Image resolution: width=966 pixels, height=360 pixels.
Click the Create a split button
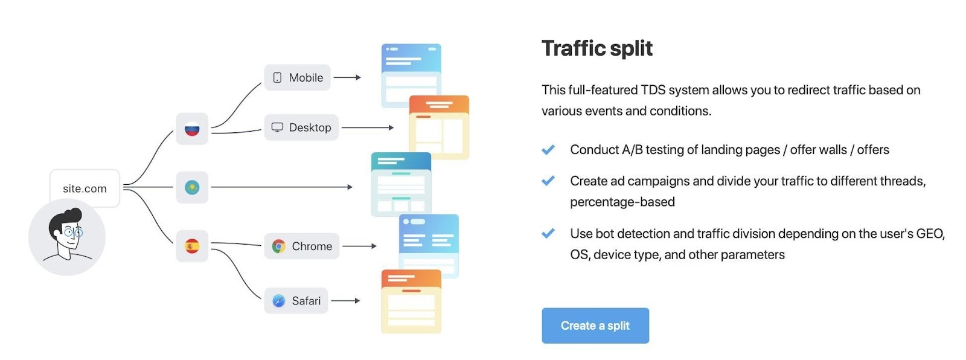[595, 326]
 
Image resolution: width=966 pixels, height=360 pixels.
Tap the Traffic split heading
[597, 48]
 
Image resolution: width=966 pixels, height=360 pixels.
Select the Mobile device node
[297, 77]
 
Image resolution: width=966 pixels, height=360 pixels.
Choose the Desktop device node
[301, 127]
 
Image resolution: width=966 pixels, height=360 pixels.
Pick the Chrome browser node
[302, 246]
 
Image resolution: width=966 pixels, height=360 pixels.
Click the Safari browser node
[296, 301]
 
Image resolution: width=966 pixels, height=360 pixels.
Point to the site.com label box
[85, 188]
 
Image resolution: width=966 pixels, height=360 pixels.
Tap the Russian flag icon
[192, 129]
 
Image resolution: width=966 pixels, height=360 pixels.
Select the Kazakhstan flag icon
[192, 187]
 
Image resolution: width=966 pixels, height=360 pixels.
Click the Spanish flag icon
[192, 246]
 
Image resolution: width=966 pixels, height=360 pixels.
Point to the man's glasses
[73, 232]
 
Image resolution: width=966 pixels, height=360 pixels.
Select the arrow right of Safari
[345, 301]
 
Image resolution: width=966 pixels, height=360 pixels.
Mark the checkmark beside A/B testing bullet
[548, 150]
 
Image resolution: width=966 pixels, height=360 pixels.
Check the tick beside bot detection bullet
[548, 234]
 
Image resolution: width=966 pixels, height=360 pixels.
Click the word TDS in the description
[653, 90]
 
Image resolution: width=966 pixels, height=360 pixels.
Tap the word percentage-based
[622, 202]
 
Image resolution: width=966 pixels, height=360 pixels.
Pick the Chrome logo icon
[278, 246]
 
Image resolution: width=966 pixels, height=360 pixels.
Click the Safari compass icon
[278, 301]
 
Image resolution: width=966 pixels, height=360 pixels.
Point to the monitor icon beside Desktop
[277, 127]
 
